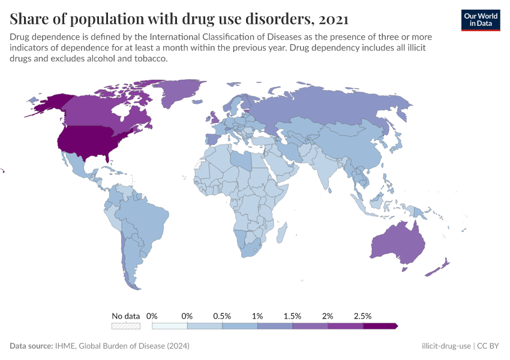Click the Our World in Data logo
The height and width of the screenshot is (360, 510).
click(x=480, y=19)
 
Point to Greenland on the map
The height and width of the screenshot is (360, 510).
click(x=180, y=93)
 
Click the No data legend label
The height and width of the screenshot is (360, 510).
click(x=125, y=316)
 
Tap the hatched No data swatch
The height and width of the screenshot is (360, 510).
click(x=125, y=326)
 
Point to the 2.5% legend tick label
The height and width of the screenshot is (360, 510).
click(x=363, y=316)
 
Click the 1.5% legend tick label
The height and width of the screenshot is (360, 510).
click(x=292, y=316)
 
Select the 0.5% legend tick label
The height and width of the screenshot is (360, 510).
click(x=222, y=316)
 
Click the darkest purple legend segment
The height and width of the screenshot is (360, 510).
click(x=380, y=326)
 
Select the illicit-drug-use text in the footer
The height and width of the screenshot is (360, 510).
click(x=446, y=346)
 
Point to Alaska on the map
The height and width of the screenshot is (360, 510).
click(x=48, y=105)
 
